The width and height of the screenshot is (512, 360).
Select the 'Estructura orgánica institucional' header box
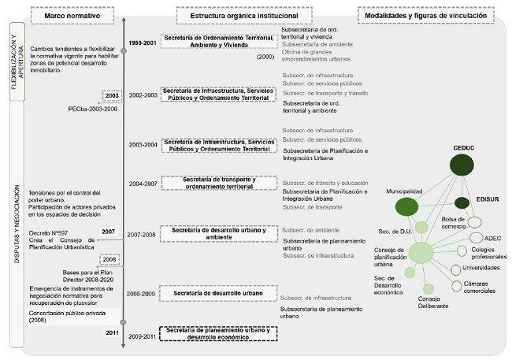227,15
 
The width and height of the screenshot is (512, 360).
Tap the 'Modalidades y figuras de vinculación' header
430,15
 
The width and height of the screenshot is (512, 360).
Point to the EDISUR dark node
462,202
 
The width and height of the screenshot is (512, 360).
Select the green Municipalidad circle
406,206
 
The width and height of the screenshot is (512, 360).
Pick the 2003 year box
112,95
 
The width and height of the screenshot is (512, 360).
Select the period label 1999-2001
143,41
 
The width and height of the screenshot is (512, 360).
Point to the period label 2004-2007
144,184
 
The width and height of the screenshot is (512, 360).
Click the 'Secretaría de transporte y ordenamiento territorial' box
218,183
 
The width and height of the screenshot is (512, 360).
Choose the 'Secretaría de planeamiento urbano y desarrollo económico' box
218,334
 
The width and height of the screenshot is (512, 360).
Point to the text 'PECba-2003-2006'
93,109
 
